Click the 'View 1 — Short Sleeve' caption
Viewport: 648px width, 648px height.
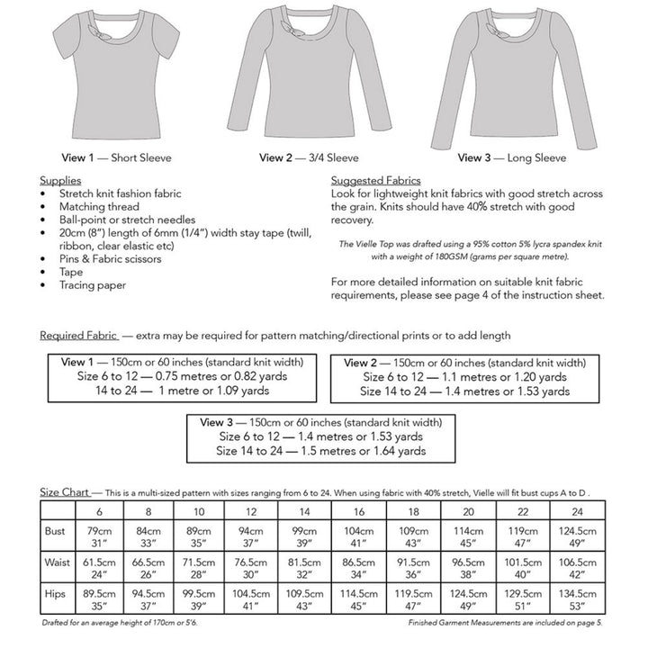click(116, 158)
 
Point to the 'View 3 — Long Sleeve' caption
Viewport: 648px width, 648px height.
click(512, 158)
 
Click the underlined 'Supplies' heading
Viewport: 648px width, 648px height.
click(61, 181)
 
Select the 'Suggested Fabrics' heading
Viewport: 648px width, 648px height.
click(375, 181)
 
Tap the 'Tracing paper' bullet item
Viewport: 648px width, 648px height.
click(93, 285)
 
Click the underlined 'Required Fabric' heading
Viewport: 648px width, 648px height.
click(79, 336)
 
